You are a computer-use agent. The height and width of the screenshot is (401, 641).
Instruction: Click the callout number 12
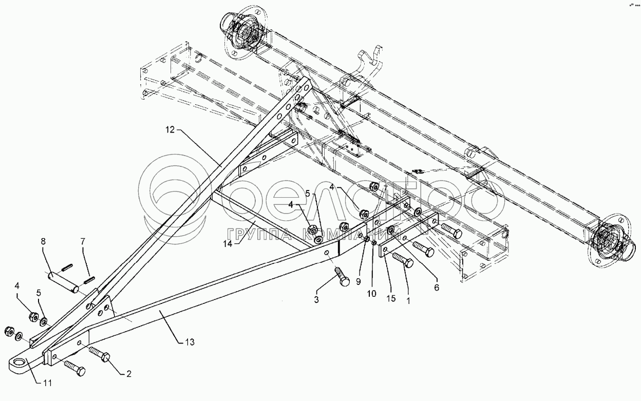[x=170, y=129]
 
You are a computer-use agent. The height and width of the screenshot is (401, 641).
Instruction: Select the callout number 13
[x=190, y=342]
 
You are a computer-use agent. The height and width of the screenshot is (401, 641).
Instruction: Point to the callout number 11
[x=47, y=383]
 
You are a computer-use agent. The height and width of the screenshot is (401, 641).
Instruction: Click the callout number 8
[x=43, y=242]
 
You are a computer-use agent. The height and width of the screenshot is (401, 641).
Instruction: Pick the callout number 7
[x=83, y=242]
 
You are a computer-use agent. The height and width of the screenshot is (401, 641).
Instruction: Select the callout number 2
[x=129, y=374]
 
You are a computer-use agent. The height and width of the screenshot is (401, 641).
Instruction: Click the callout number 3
[x=316, y=299]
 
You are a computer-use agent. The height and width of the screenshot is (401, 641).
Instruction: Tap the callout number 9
[x=359, y=282]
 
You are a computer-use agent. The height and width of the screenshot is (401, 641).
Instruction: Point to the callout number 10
[x=372, y=294]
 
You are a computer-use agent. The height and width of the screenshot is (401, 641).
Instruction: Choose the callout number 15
[x=391, y=298]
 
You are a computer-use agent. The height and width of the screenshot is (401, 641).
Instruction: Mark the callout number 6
[x=437, y=288]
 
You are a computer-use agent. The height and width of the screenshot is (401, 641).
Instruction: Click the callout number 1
[x=408, y=300]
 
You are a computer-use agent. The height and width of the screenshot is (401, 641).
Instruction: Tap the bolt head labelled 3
[x=345, y=281]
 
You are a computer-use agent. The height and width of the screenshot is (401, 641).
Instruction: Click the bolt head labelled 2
[x=105, y=357]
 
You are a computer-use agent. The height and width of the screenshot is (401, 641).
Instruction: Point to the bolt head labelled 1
[x=408, y=263]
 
